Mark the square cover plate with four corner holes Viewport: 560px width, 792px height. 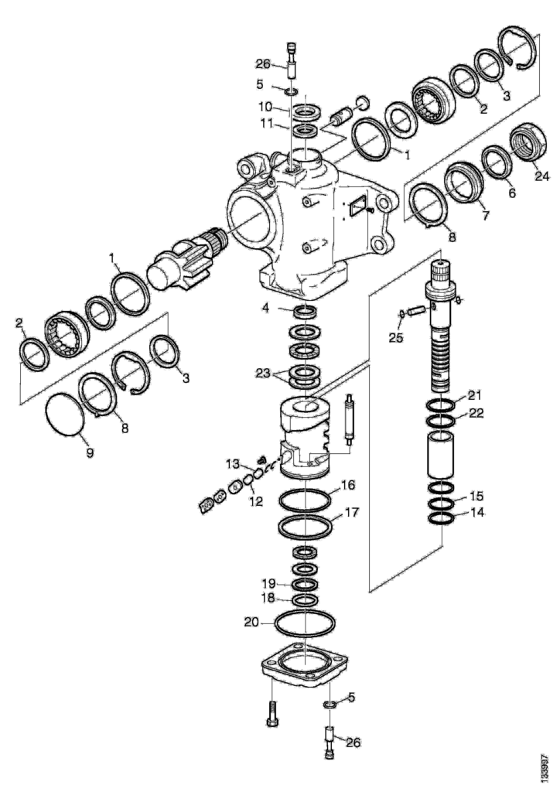[306, 667]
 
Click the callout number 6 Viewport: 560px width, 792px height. [511, 196]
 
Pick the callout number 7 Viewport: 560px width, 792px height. [485, 217]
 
